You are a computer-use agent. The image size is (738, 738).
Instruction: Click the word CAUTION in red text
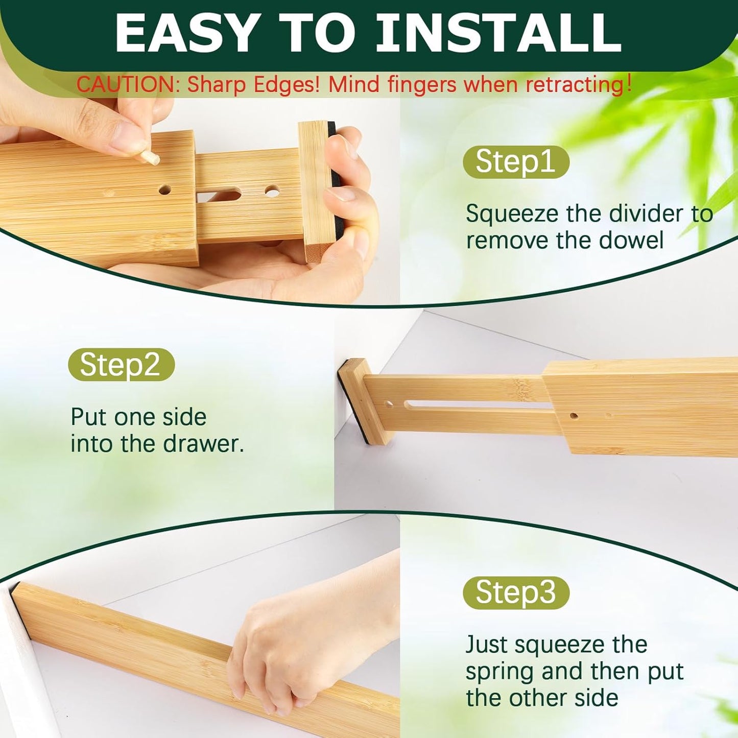pyautogui.click(x=126, y=85)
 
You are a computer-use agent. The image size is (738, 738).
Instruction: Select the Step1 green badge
pyautogui.click(x=516, y=162)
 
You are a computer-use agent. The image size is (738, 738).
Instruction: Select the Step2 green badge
pyautogui.click(x=121, y=365)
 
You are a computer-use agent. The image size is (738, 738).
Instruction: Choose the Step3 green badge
pyautogui.click(x=516, y=593)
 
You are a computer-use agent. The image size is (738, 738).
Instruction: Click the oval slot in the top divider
pyautogui.click(x=219, y=195)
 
